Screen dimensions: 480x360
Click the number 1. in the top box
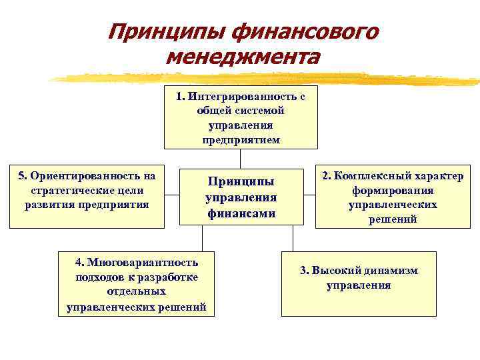point(181,96)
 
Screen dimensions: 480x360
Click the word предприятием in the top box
point(241,140)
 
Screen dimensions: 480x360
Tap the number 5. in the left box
point(23,176)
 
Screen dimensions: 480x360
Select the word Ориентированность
point(93,176)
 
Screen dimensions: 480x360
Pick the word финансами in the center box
point(241,214)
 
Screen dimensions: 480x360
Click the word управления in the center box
point(241,198)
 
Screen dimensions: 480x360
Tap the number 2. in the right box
point(326,176)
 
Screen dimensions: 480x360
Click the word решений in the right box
point(393,219)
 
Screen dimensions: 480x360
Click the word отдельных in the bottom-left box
point(137,292)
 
